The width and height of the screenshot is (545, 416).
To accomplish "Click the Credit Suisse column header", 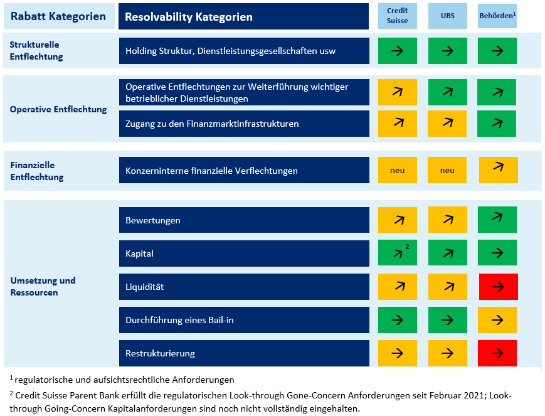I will [x=397, y=16].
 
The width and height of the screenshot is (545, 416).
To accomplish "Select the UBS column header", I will [x=447, y=16].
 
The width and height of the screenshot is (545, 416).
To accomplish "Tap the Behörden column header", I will [x=497, y=16].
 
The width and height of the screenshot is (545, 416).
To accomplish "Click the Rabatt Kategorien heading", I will [x=58, y=16].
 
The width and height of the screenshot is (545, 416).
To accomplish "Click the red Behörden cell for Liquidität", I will [x=497, y=287].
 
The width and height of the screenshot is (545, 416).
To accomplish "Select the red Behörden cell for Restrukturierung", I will [x=497, y=353].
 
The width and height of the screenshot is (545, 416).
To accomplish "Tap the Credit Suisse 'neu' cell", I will [x=397, y=170].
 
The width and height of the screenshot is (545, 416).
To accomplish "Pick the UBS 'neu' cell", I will [x=447, y=170].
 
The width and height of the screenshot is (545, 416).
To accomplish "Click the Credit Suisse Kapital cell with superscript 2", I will [x=397, y=253].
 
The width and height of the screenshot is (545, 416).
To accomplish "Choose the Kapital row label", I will [x=139, y=253].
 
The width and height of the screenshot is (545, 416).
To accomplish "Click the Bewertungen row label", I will [x=153, y=220].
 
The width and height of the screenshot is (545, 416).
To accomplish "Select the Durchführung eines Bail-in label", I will [x=179, y=320].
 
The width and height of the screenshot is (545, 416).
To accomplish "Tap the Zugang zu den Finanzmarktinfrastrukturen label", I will [x=212, y=124].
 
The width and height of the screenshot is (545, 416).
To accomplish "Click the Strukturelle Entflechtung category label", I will [x=36, y=51].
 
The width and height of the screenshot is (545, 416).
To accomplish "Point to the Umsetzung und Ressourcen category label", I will [x=43, y=286].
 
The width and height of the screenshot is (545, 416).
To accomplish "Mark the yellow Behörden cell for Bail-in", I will [x=497, y=320].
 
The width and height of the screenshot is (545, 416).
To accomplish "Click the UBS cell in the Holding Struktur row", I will [x=447, y=51].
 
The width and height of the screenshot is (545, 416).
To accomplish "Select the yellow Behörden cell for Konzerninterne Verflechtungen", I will [x=498, y=170].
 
